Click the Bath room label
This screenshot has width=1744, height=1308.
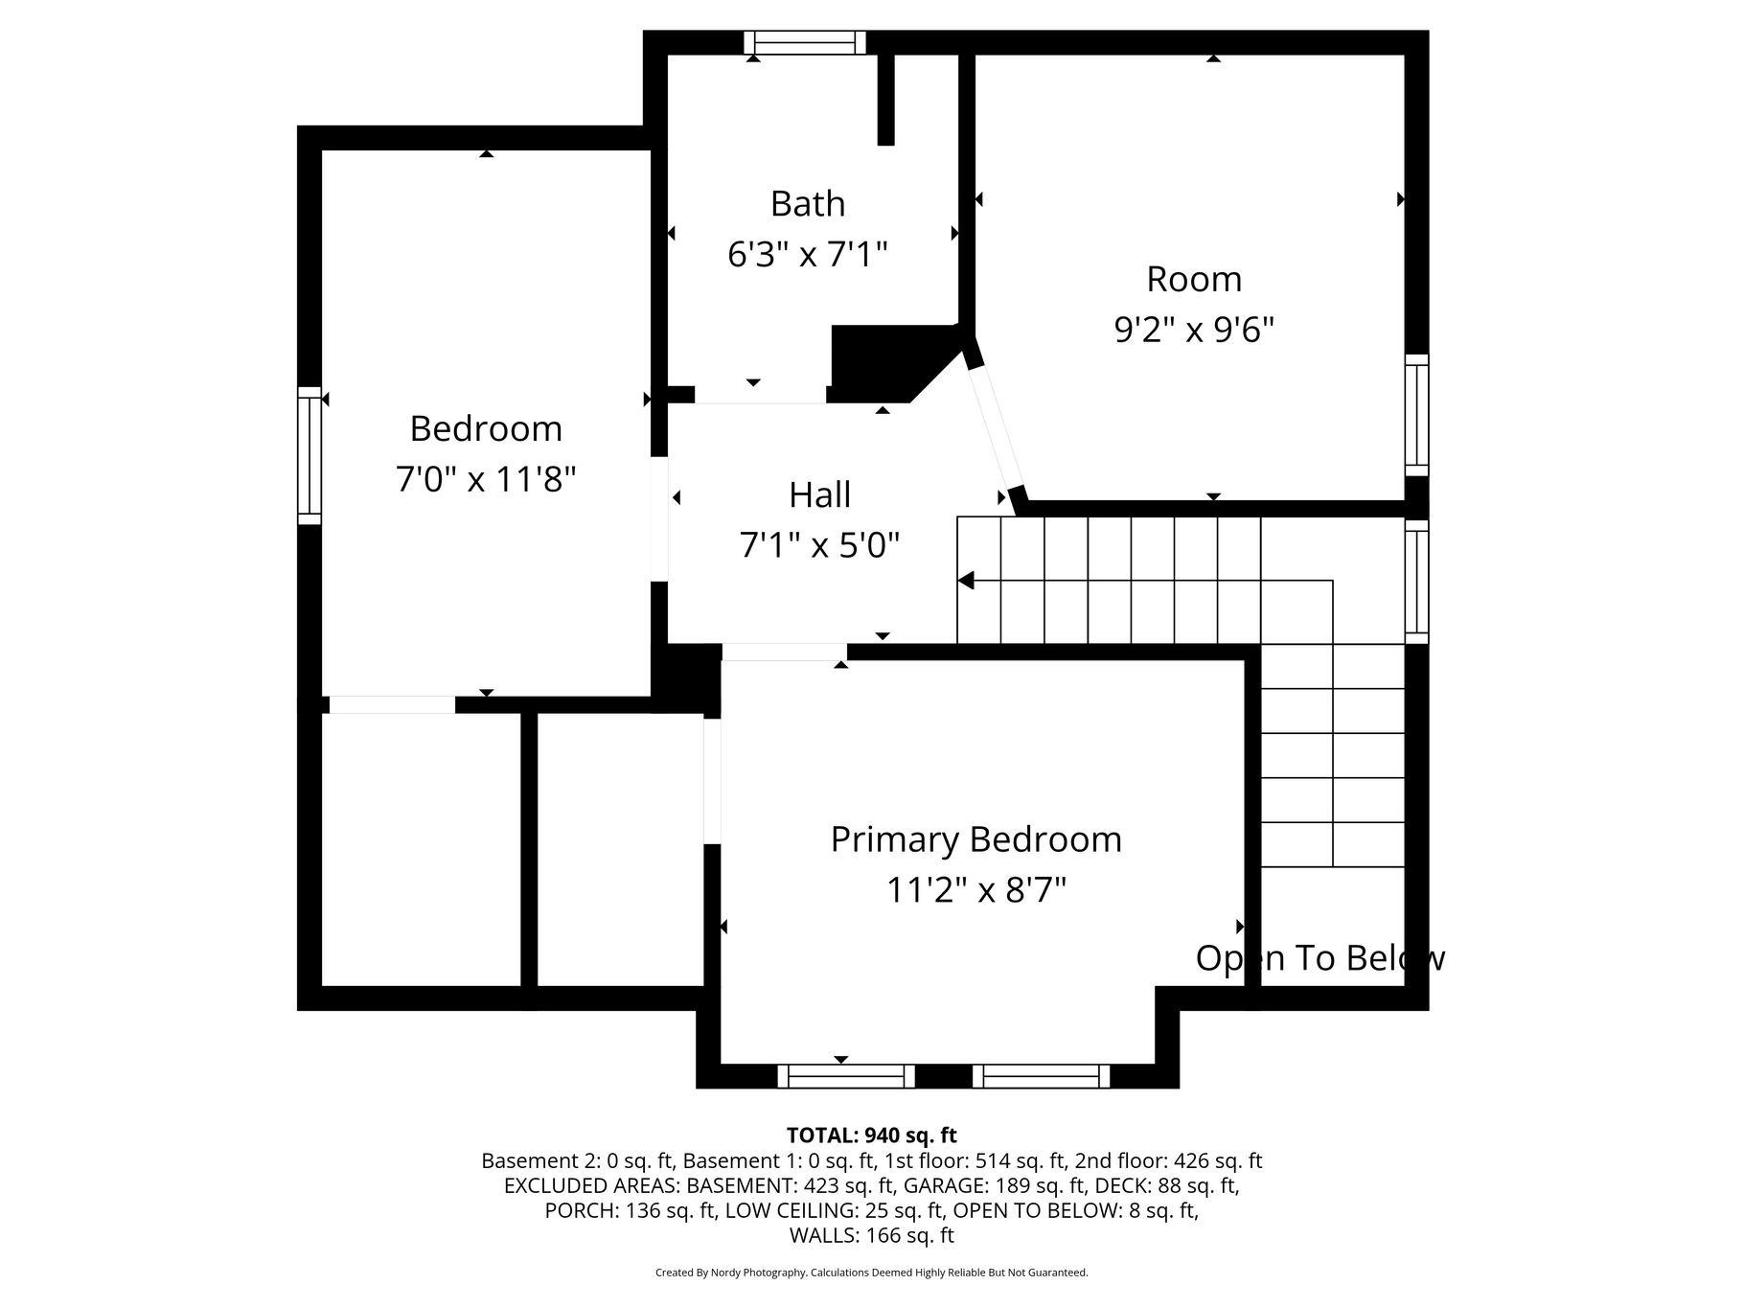coord(808,204)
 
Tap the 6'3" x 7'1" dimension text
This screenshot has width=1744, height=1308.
coord(808,255)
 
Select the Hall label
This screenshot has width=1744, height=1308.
coord(820,495)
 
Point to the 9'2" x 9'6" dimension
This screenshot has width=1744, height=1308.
coord(1194,331)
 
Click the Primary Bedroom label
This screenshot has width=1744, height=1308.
coord(976,840)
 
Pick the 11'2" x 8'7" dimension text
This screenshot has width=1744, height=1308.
coord(976,891)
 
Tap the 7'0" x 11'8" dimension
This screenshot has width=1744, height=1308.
coord(486,479)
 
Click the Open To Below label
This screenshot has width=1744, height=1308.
coord(1320,958)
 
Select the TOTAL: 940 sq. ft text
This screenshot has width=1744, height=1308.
coord(872,1136)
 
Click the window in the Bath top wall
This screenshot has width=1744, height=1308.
coord(805,42)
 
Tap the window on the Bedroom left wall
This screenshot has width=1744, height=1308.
coord(310,455)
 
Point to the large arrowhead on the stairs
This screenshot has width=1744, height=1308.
coord(966,581)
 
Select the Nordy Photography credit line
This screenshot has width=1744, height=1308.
coord(872,1273)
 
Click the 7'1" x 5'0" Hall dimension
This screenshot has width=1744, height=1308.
coord(820,546)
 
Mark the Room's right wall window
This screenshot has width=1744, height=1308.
coord(1416,415)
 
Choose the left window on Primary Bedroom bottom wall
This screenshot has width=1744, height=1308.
coord(846,1076)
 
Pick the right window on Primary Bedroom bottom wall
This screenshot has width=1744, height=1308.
coord(1042,1076)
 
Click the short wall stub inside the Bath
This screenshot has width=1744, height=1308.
coord(886,100)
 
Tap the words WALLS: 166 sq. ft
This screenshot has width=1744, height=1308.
coord(872,1236)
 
